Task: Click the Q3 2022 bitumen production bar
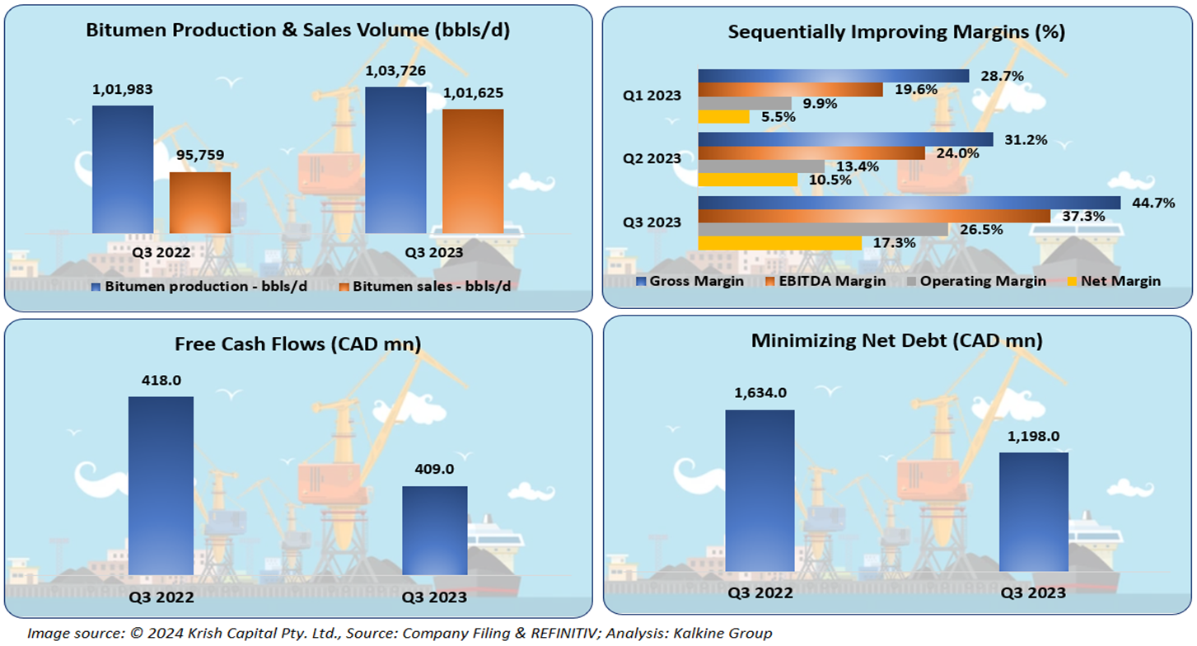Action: coord(123,169)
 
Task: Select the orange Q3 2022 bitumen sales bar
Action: coord(200,203)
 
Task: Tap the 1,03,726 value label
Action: coord(395,72)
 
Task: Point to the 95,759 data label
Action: coord(199,154)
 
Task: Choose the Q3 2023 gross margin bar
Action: coord(909,203)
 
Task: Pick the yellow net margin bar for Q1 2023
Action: coord(723,117)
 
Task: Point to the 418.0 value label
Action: coord(161,381)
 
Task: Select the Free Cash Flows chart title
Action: coord(298,344)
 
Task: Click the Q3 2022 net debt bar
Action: coord(760,489)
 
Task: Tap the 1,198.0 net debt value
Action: coord(1033,436)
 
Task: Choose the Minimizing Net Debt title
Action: coord(896,340)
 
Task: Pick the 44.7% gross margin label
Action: coord(1153,203)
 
